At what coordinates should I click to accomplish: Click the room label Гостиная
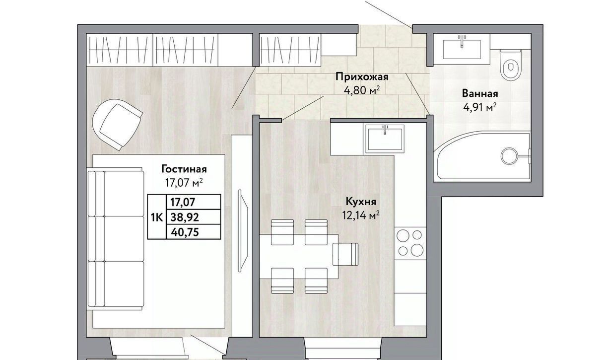184,169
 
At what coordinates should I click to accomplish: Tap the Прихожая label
362,77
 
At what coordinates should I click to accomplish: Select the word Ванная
480,94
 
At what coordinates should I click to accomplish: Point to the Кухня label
361,202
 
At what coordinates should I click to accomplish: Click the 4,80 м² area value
361,90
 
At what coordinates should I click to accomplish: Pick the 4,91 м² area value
480,108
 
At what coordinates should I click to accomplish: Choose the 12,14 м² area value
361,216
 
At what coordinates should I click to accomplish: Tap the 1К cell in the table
157,217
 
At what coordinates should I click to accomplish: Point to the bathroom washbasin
462,49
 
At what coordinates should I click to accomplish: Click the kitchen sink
385,139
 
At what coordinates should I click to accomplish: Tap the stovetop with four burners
410,242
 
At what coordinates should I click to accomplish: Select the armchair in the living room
117,124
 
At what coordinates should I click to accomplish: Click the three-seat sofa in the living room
116,239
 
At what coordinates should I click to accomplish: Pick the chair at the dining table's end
345,254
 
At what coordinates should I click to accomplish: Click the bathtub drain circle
509,156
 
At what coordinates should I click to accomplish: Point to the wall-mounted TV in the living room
243,230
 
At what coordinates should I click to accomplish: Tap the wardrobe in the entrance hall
290,50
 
